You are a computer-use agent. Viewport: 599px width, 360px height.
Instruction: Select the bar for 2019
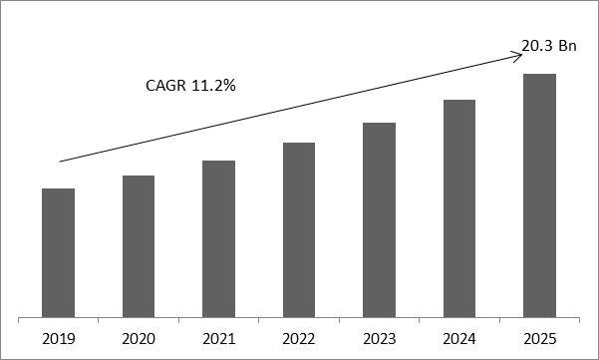pos(59,252)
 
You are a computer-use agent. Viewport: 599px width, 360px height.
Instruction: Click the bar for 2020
pos(139,246)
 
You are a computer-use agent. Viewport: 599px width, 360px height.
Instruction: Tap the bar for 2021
pos(218,238)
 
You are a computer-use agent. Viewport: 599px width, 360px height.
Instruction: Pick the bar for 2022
pos(299,229)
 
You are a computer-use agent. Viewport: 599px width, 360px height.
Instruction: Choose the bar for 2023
pos(379,219)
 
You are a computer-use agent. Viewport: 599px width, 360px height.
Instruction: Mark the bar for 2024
pos(458,208)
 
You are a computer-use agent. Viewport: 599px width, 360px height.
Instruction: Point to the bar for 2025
pos(539,195)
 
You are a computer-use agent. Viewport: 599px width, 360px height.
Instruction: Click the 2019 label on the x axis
pos(59,339)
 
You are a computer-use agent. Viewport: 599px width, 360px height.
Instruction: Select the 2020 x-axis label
pos(139,339)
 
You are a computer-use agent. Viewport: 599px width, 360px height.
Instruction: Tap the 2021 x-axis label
pos(218,339)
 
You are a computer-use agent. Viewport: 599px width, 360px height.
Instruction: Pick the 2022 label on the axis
pos(299,339)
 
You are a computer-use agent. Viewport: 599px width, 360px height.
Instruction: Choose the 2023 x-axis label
pos(379,339)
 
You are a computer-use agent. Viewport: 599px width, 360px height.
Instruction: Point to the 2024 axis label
pos(458,339)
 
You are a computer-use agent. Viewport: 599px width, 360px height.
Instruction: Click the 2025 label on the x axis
pos(539,339)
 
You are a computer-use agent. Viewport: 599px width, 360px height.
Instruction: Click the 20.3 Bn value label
pos(548,45)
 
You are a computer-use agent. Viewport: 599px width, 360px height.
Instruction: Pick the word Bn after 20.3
pos(567,45)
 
